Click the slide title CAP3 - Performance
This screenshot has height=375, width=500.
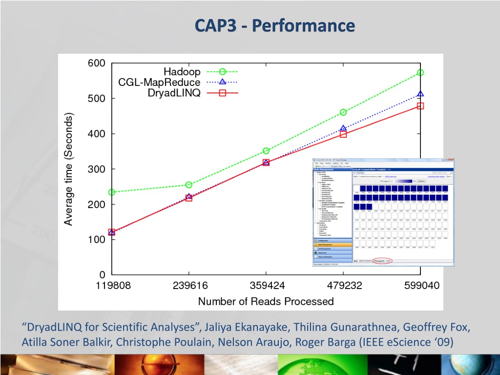[x=274, y=25]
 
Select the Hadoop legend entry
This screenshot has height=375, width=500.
[x=182, y=72]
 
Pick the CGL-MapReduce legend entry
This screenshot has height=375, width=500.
[x=159, y=82]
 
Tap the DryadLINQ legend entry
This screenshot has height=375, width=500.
[x=174, y=93]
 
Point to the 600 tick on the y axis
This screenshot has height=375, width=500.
[x=96, y=63]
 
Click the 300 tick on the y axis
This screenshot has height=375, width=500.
[x=96, y=169]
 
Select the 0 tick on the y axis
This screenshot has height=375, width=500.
[x=102, y=275]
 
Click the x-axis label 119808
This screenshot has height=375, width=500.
[x=112, y=286]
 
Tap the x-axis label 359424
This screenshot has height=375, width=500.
[x=266, y=286]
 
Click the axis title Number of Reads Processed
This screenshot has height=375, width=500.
[x=266, y=302]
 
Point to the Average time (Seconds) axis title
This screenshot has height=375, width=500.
[x=69, y=169]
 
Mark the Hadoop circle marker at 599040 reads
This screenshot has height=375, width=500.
[x=420, y=73]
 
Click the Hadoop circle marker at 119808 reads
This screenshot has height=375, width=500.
[x=112, y=192]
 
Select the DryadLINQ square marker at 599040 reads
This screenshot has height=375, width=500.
[x=420, y=106]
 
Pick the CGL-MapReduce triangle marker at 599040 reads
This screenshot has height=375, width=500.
[x=420, y=94]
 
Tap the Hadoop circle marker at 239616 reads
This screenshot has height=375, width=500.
[x=189, y=185]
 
